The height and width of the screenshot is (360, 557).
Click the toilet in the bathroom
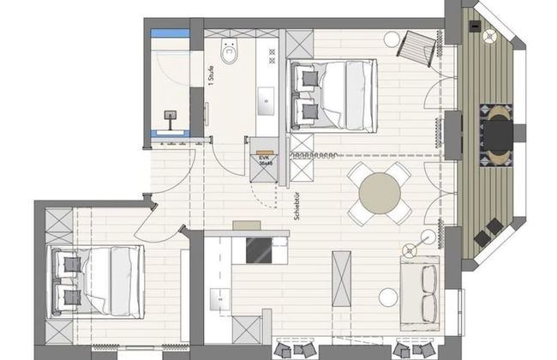(230, 53)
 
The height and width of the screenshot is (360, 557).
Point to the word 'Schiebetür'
(296, 205)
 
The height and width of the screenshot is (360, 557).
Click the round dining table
(378, 193)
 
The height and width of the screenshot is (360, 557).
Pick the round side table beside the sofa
(388, 297)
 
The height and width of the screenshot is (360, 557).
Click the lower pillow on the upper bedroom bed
(308, 109)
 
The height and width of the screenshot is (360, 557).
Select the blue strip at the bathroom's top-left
(170, 34)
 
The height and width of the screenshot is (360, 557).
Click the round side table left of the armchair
(391, 38)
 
